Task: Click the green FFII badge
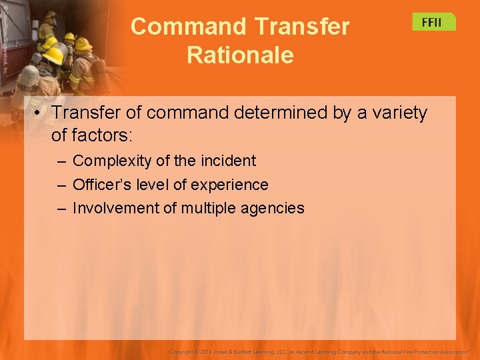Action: click(x=433, y=22)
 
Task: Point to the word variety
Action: click(x=395, y=113)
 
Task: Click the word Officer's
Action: click(x=101, y=185)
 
